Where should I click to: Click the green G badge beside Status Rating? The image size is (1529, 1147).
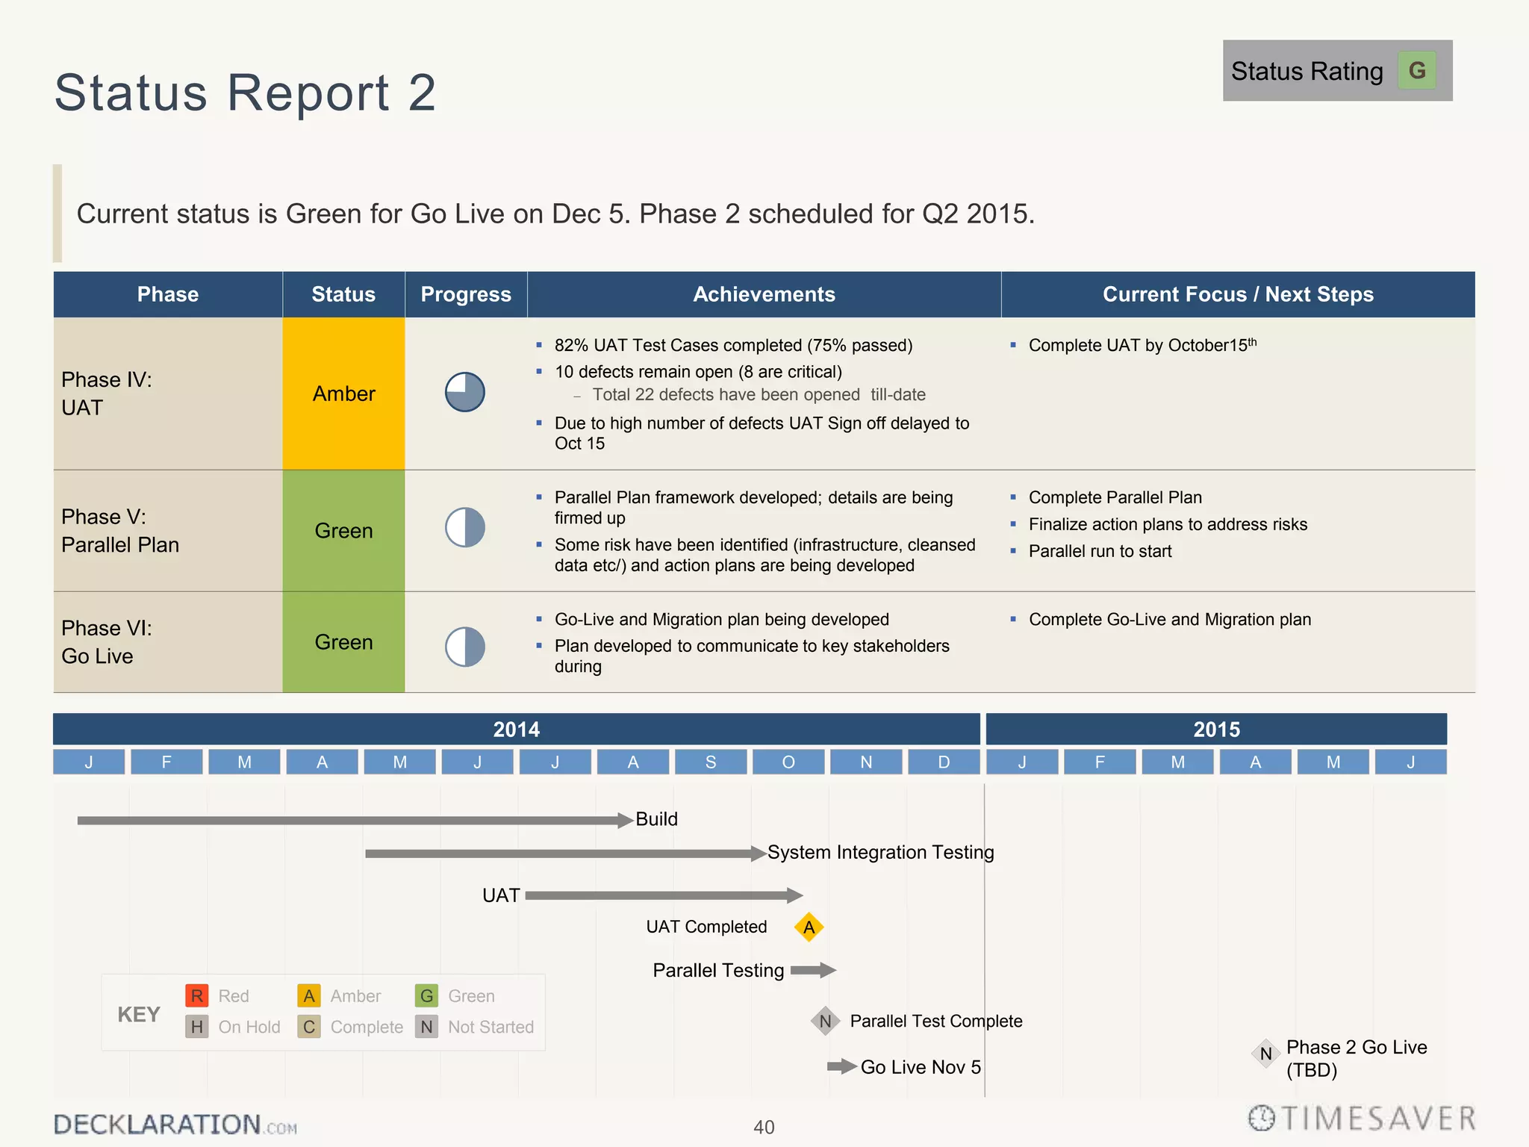click(1416, 71)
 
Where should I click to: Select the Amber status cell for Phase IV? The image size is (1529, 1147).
click(343, 394)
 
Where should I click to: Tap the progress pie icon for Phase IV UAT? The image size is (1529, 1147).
click(465, 392)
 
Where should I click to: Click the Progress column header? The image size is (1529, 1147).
click(466, 294)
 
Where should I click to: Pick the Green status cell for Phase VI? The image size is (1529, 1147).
click(343, 642)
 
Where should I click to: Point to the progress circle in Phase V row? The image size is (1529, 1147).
click(465, 528)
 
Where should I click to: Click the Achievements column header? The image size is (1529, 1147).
click(764, 294)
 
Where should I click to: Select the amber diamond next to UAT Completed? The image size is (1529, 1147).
click(809, 927)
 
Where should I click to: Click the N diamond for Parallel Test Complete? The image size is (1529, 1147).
click(825, 1021)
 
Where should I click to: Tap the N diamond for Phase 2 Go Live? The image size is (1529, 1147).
click(1265, 1054)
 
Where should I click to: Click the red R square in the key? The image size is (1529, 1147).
click(196, 995)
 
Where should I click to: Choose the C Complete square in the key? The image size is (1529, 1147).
click(309, 1027)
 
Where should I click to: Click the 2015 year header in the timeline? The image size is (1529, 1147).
click(1215, 729)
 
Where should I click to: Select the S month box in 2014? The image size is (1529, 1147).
click(711, 762)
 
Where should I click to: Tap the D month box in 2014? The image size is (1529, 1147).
click(944, 762)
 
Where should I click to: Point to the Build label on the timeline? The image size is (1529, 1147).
click(656, 819)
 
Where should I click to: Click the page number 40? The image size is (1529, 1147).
click(764, 1127)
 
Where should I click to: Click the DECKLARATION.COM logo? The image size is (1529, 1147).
click(175, 1125)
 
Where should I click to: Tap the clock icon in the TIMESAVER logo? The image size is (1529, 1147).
click(1262, 1118)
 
